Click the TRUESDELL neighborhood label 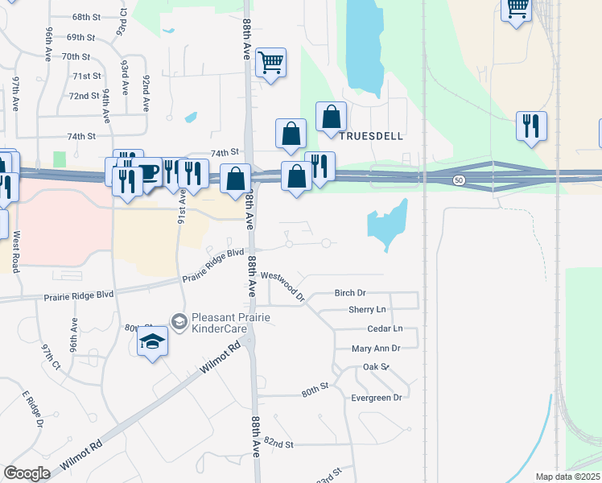370,136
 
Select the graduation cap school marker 152,342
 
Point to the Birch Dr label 349,293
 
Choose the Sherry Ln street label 367,309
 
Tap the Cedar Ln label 384,328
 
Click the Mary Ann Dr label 376,349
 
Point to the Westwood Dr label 283,285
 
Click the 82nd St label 278,444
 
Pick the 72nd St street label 83,96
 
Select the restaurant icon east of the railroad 531,126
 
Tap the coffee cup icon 149,171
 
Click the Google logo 27,473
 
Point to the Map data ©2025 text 567,477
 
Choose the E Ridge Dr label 31,408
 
